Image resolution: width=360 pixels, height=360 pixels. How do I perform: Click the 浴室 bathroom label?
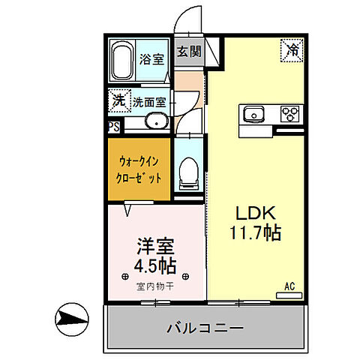pyautogui.click(x=152, y=59)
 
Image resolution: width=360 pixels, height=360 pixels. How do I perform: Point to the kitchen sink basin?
pyautogui.click(x=253, y=115)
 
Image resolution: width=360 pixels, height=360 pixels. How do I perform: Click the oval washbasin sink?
pyautogui.click(x=157, y=121)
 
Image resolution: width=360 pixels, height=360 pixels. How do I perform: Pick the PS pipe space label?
pyautogui.click(x=112, y=127)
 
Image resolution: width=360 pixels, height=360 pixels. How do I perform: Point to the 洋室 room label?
pyautogui.click(x=155, y=245)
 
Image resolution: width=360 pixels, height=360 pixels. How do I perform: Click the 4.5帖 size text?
pyautogui.click(x=155, y=265)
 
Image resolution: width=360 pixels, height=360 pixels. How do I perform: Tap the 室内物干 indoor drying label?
pyautogui.click(x=155, y=286)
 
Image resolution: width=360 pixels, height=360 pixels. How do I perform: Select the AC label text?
pyautogui.click(x=289, y=286)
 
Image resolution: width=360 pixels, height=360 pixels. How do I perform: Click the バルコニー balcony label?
pyautogui.click(x=203, y=328)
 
